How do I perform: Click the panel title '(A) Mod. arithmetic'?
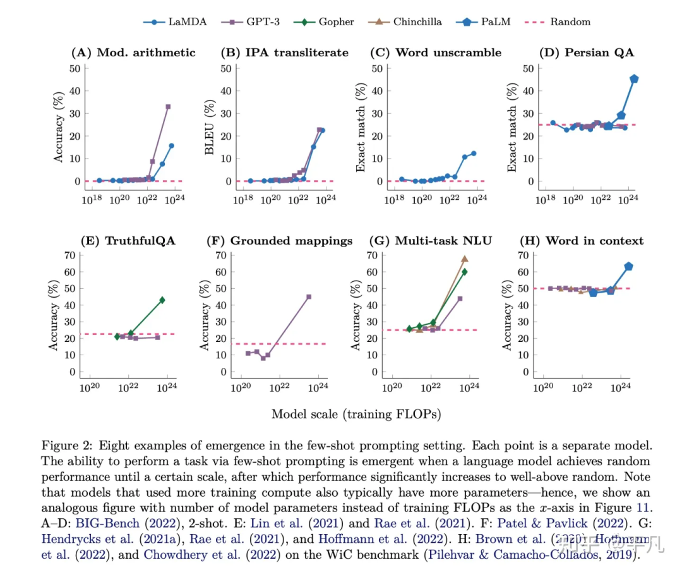tap(133, 52)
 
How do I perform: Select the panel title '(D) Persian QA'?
tap(576, 52)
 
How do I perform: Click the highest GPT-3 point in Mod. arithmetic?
tap(168, 107)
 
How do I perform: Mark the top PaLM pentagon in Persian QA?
tap(633, 79)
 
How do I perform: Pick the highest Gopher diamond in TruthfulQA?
tap(162, 300)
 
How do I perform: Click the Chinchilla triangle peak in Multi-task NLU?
tap(464, 259)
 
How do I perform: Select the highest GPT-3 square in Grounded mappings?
tap(309, 296)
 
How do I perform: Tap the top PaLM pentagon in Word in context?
tap(628, 267)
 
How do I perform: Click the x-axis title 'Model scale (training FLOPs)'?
tap(356, 415)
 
